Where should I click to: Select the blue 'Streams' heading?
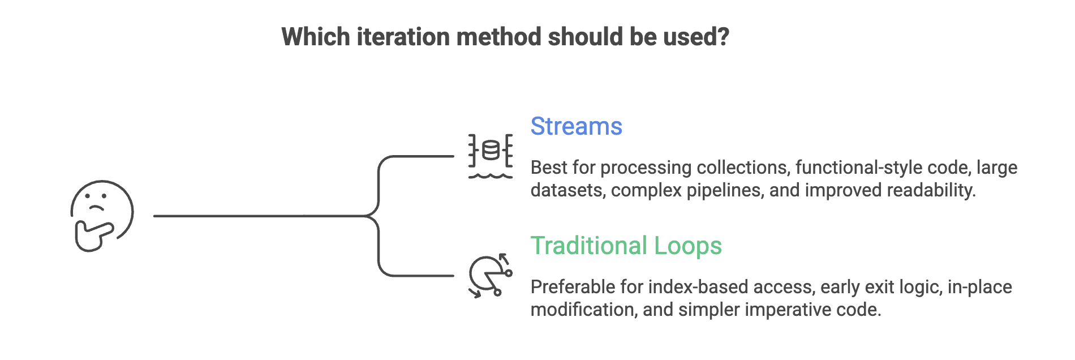576,126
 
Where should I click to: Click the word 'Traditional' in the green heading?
589,246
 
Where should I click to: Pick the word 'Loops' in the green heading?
688,246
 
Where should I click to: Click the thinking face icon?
102,216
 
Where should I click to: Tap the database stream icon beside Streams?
491,156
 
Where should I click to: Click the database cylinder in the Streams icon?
491,150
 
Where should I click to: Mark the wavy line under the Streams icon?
491,176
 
